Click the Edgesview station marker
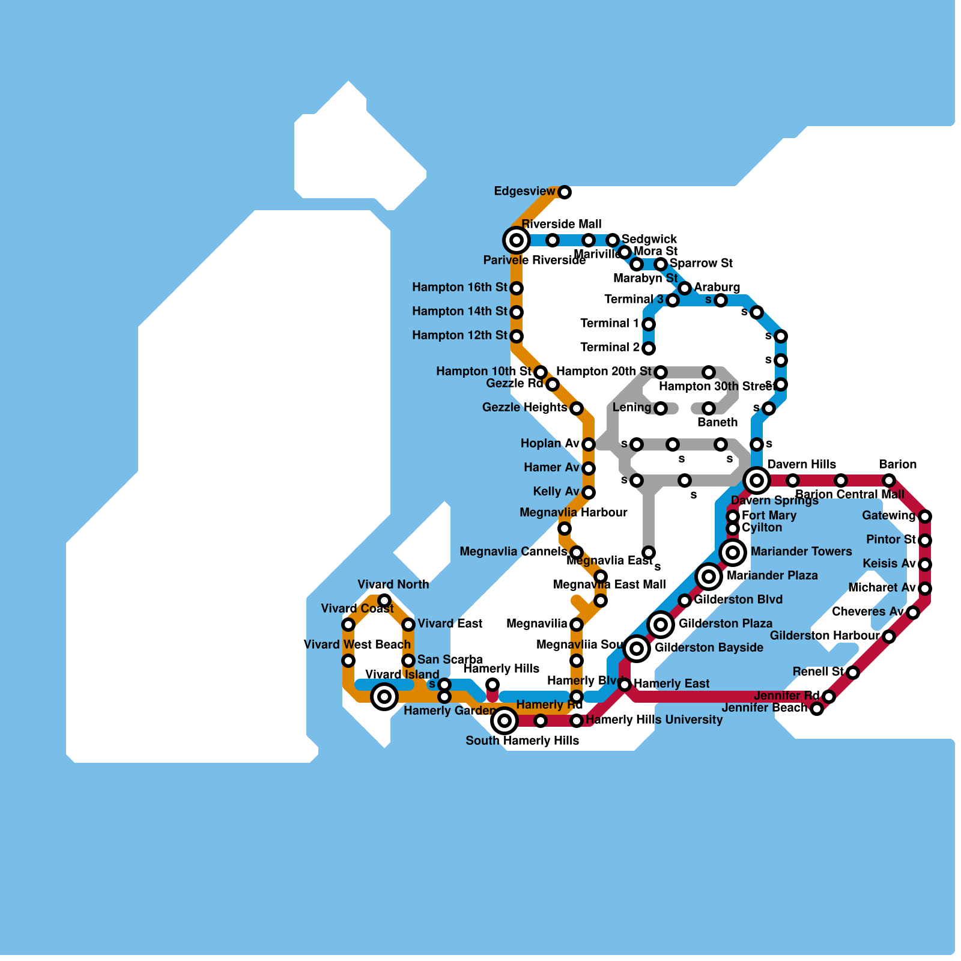pyautogui.click(x=565, y=192)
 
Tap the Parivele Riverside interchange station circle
pyautogui.click(x=517, y=241)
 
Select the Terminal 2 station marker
pyautogui.click(x=649, y=348)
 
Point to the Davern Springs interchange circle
pyautogui.click(x=757, y=480)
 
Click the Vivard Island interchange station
pyautogui.click(x=384, y=697)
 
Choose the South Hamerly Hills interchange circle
pyautogui.click(x=505, y=720)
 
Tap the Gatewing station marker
pyautogui.click(x=925, y=517)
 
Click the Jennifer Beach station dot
pyautogui.click(x=817, y=709)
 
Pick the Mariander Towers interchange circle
pyautogui.click(x=733, y=552)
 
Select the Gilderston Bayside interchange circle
pyautogui.click(x=637, y=649)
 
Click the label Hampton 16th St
pyautogui.click(x=459, y=288)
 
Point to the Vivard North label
pyautogui.click(x=393, y=584)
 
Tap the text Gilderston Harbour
pyautogui.click(x=826, y=635)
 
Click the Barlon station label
pyautogui.click(x=898, y=464)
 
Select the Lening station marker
pyautogui.click(x=661, y=408)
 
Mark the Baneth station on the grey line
pyautogui.click(x=709, y=408)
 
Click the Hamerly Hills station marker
pyautogui.click(x=493, y=685)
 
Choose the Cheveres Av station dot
pyautogui.click(x=913, y=613)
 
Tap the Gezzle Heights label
pyautogui.click(x=524, y=408)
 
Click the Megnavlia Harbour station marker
pyautogui.click(x=565, y=529)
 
